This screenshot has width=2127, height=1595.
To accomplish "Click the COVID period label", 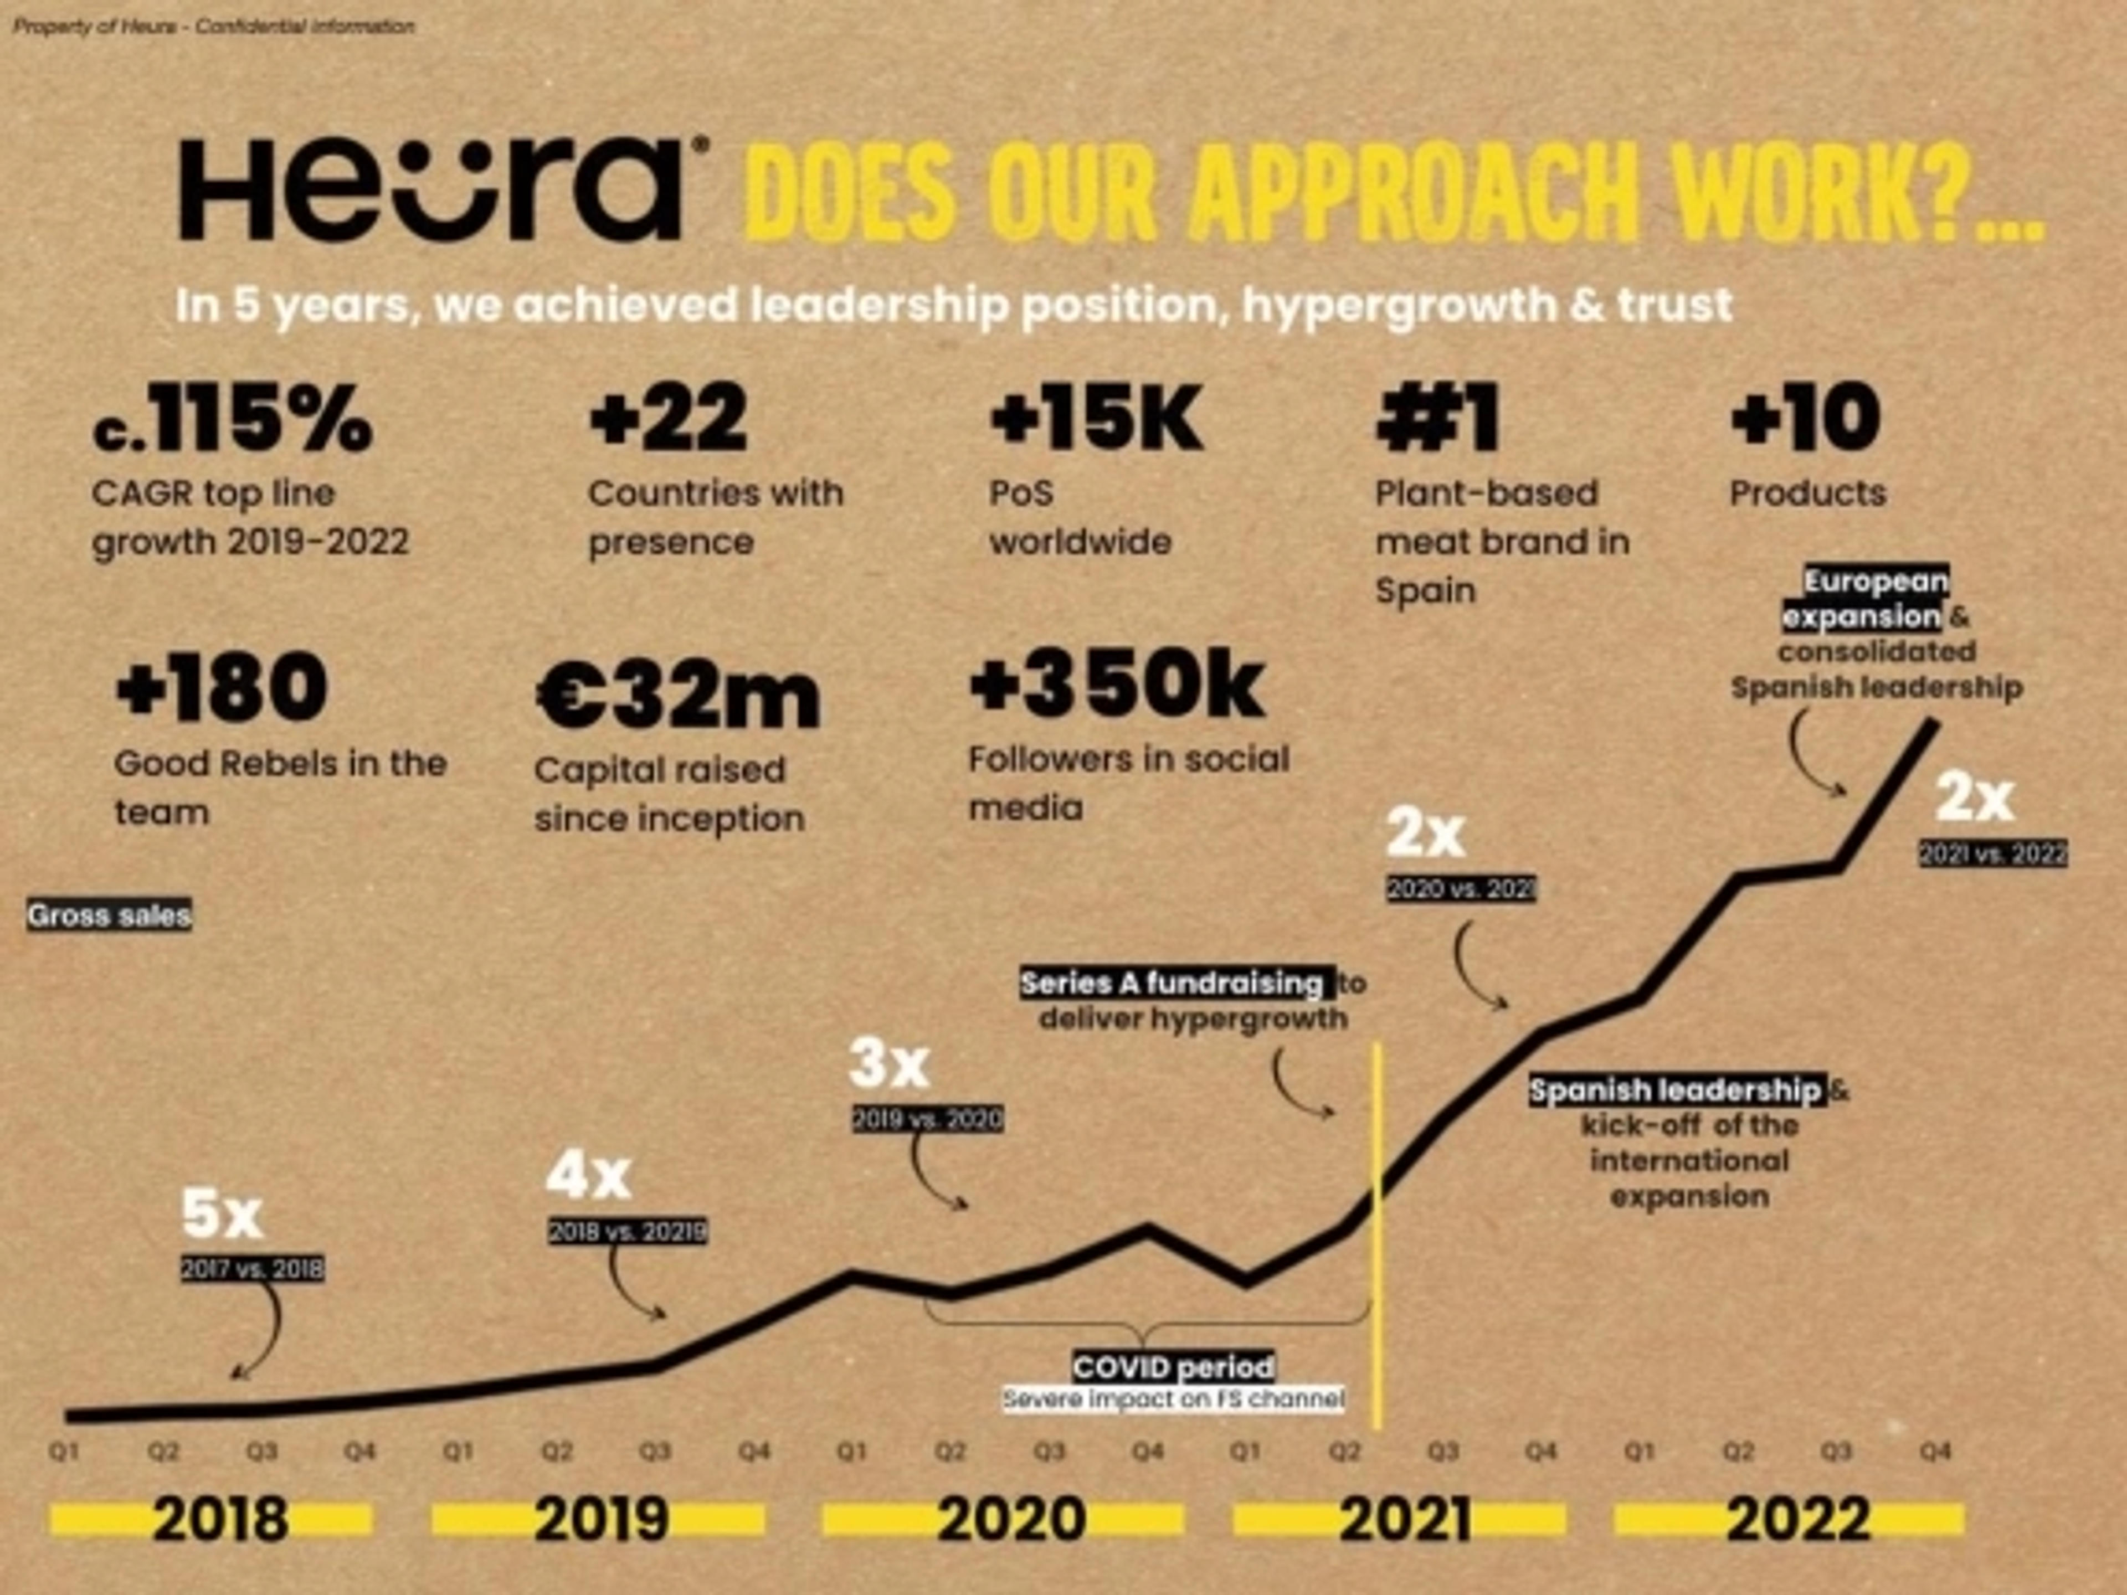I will point(1173,1366).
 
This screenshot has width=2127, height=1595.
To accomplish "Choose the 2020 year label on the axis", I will point(1011,1520).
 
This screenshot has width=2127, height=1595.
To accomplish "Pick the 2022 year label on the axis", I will point(1798,1520).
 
